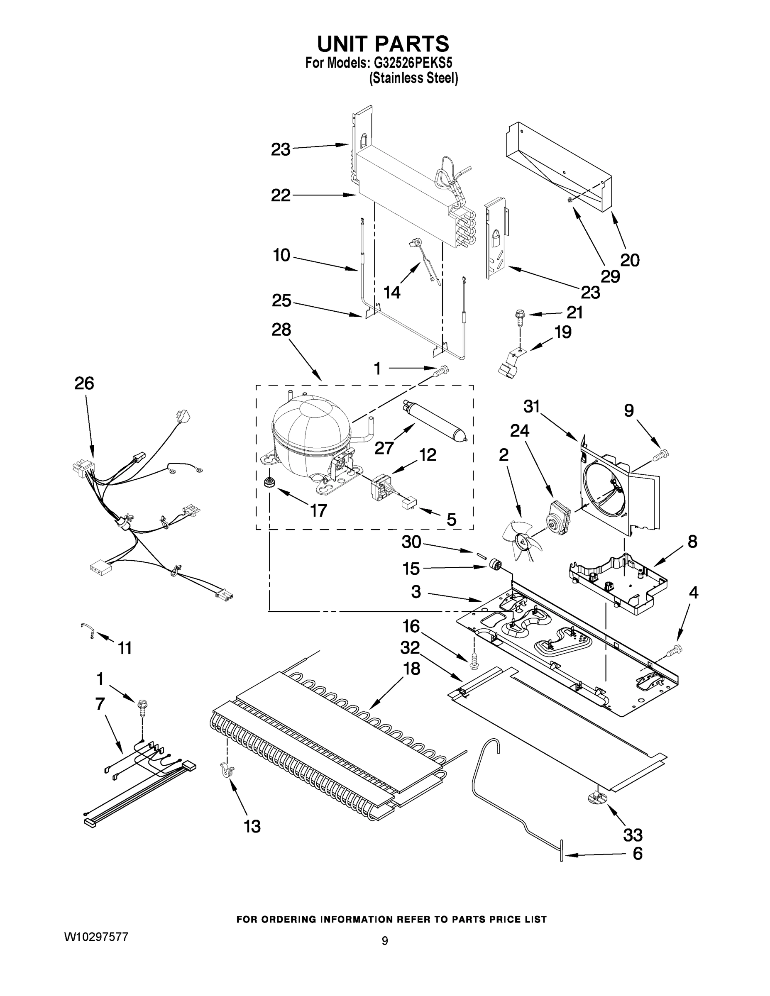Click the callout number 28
click(x=281, y=330)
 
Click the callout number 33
click(x=633, y=835)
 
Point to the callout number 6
click(x=637, y=854)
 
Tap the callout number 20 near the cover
click(x=630, y=260)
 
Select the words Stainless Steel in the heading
click(x=413, y=78)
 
